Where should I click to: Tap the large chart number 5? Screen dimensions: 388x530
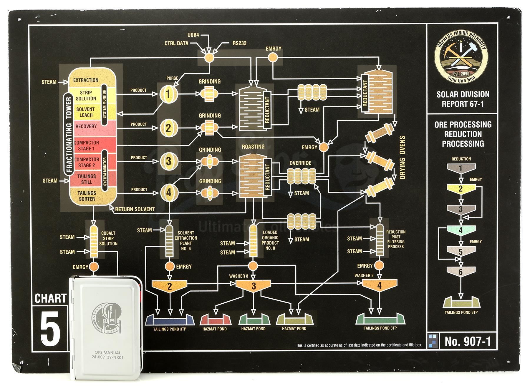click(x=50, y=329)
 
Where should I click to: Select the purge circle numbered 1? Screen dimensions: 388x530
click(x=168, y=94)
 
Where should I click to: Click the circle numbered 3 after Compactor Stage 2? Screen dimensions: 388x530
click(x=168, y=161)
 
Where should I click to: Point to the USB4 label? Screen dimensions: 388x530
click(x=193, y=35)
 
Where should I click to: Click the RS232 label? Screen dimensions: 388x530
click(x=239, y=43)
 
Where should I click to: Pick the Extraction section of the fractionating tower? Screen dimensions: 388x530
click(x=86, y=80)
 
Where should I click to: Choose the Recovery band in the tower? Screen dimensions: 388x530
click(x=86, y=127)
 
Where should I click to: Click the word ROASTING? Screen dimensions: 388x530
click(x=253, y=147)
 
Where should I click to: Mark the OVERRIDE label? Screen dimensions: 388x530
click(x=300, y=163)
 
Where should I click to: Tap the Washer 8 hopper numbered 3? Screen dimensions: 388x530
click(x=254, y=286)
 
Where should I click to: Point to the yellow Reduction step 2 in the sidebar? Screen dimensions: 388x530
click(x=461, y=189)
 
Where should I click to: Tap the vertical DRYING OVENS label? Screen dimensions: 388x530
click(x=402, y=158)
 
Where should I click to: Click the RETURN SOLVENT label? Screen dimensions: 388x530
click(x=135, y=209)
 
